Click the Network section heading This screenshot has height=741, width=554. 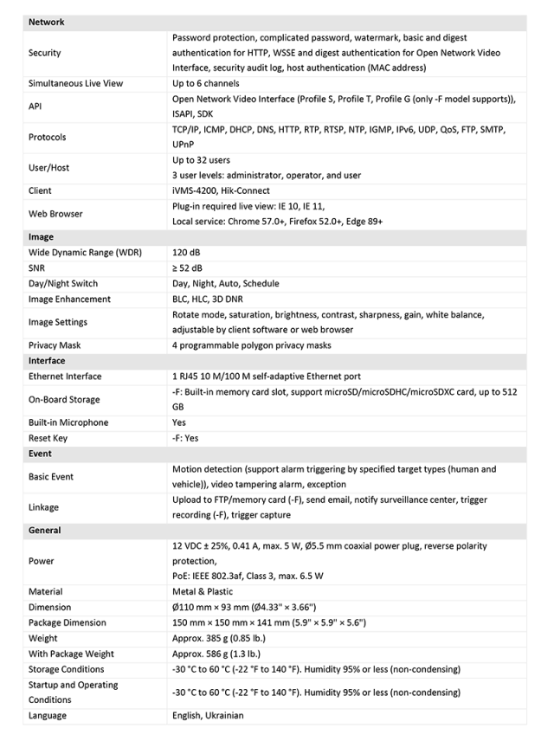tap(47, 23)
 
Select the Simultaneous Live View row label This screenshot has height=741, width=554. tap(76, 84)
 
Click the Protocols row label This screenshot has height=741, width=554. tap(47, 137)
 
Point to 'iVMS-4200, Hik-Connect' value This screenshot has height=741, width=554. tap(221, 190)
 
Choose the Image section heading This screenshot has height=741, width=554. tap(41, 237)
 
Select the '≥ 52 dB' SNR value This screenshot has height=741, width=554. tap(189, 268)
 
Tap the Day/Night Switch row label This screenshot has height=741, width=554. tap(63, 284)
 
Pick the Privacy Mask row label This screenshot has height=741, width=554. tap(55, 345)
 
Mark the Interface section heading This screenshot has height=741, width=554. tap(47, 361)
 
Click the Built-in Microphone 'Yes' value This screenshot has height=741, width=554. tap(180, 422)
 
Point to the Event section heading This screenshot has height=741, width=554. tap(40, 454)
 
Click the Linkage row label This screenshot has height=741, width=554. tap(45, 507)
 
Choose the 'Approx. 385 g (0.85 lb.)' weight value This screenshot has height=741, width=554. tap(227, 638)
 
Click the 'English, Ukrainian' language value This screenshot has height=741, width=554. tap(208, 716)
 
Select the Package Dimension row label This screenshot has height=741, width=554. tap(68, 623)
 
